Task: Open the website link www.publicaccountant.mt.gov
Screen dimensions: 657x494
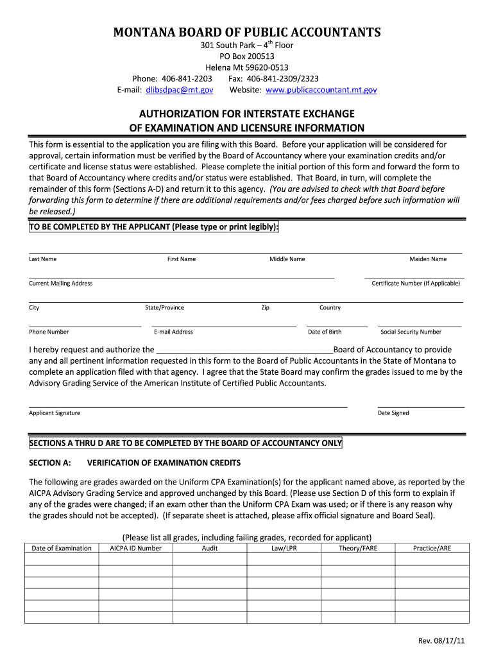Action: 321,90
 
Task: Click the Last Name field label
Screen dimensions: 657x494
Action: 42,259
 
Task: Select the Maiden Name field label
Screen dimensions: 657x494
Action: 428,259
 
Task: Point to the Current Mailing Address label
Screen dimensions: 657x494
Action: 60,284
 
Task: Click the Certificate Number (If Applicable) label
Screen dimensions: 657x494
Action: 416,284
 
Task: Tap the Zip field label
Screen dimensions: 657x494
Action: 265,308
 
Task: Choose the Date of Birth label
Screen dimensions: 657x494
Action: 325,332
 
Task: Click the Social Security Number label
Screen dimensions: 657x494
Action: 411,332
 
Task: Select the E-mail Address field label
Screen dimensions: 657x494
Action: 173,332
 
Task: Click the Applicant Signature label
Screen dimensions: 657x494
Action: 55,413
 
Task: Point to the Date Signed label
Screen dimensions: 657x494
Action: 393,413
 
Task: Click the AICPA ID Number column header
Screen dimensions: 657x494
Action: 135,549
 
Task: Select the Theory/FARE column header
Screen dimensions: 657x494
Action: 358,549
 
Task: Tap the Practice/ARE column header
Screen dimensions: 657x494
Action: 432,549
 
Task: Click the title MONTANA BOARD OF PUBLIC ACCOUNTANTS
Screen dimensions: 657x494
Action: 247,32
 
